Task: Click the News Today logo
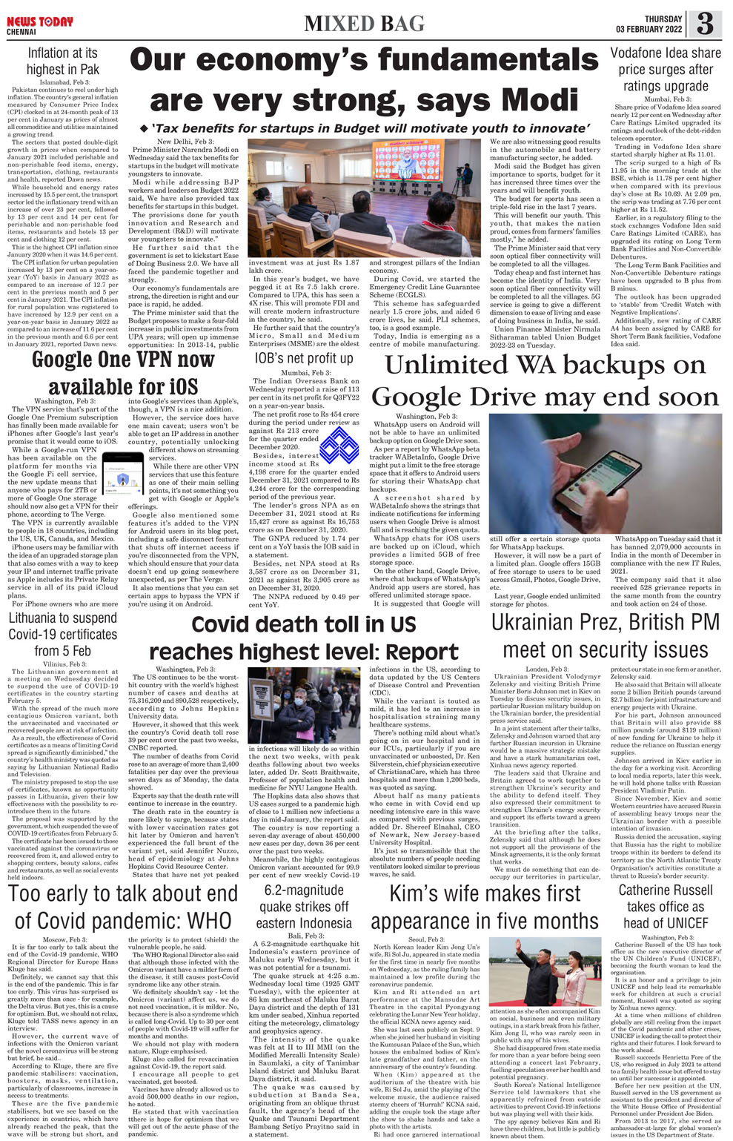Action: [x=40, y=22]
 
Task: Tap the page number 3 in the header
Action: [x=705, y=24]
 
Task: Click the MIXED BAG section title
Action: [x=363, y=24]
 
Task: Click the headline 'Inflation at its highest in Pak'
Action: [x=62, y=61]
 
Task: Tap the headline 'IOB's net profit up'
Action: [x=304, y=358]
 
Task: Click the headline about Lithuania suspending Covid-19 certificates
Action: [x=63, y=634]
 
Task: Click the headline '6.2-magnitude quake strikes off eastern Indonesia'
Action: [x=304, y=906]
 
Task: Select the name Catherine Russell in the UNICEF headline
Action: [x=665, y=890]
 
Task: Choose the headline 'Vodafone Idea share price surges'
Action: [x=665, y=70]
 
